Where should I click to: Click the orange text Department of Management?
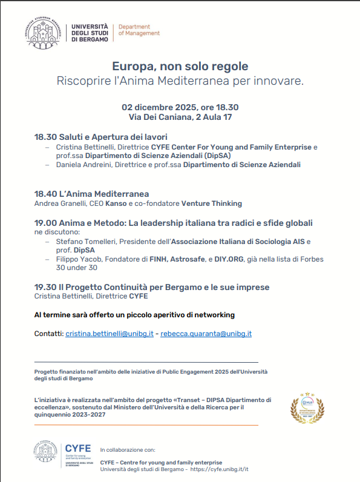139,30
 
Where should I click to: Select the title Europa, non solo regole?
180,66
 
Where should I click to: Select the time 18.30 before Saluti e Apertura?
45,137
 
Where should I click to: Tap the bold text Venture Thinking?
212,203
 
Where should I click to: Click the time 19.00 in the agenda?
45,223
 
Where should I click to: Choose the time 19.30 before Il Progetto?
45,287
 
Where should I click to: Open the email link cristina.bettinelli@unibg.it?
110,334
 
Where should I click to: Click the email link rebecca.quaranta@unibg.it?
206,334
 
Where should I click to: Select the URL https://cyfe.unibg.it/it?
220,469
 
